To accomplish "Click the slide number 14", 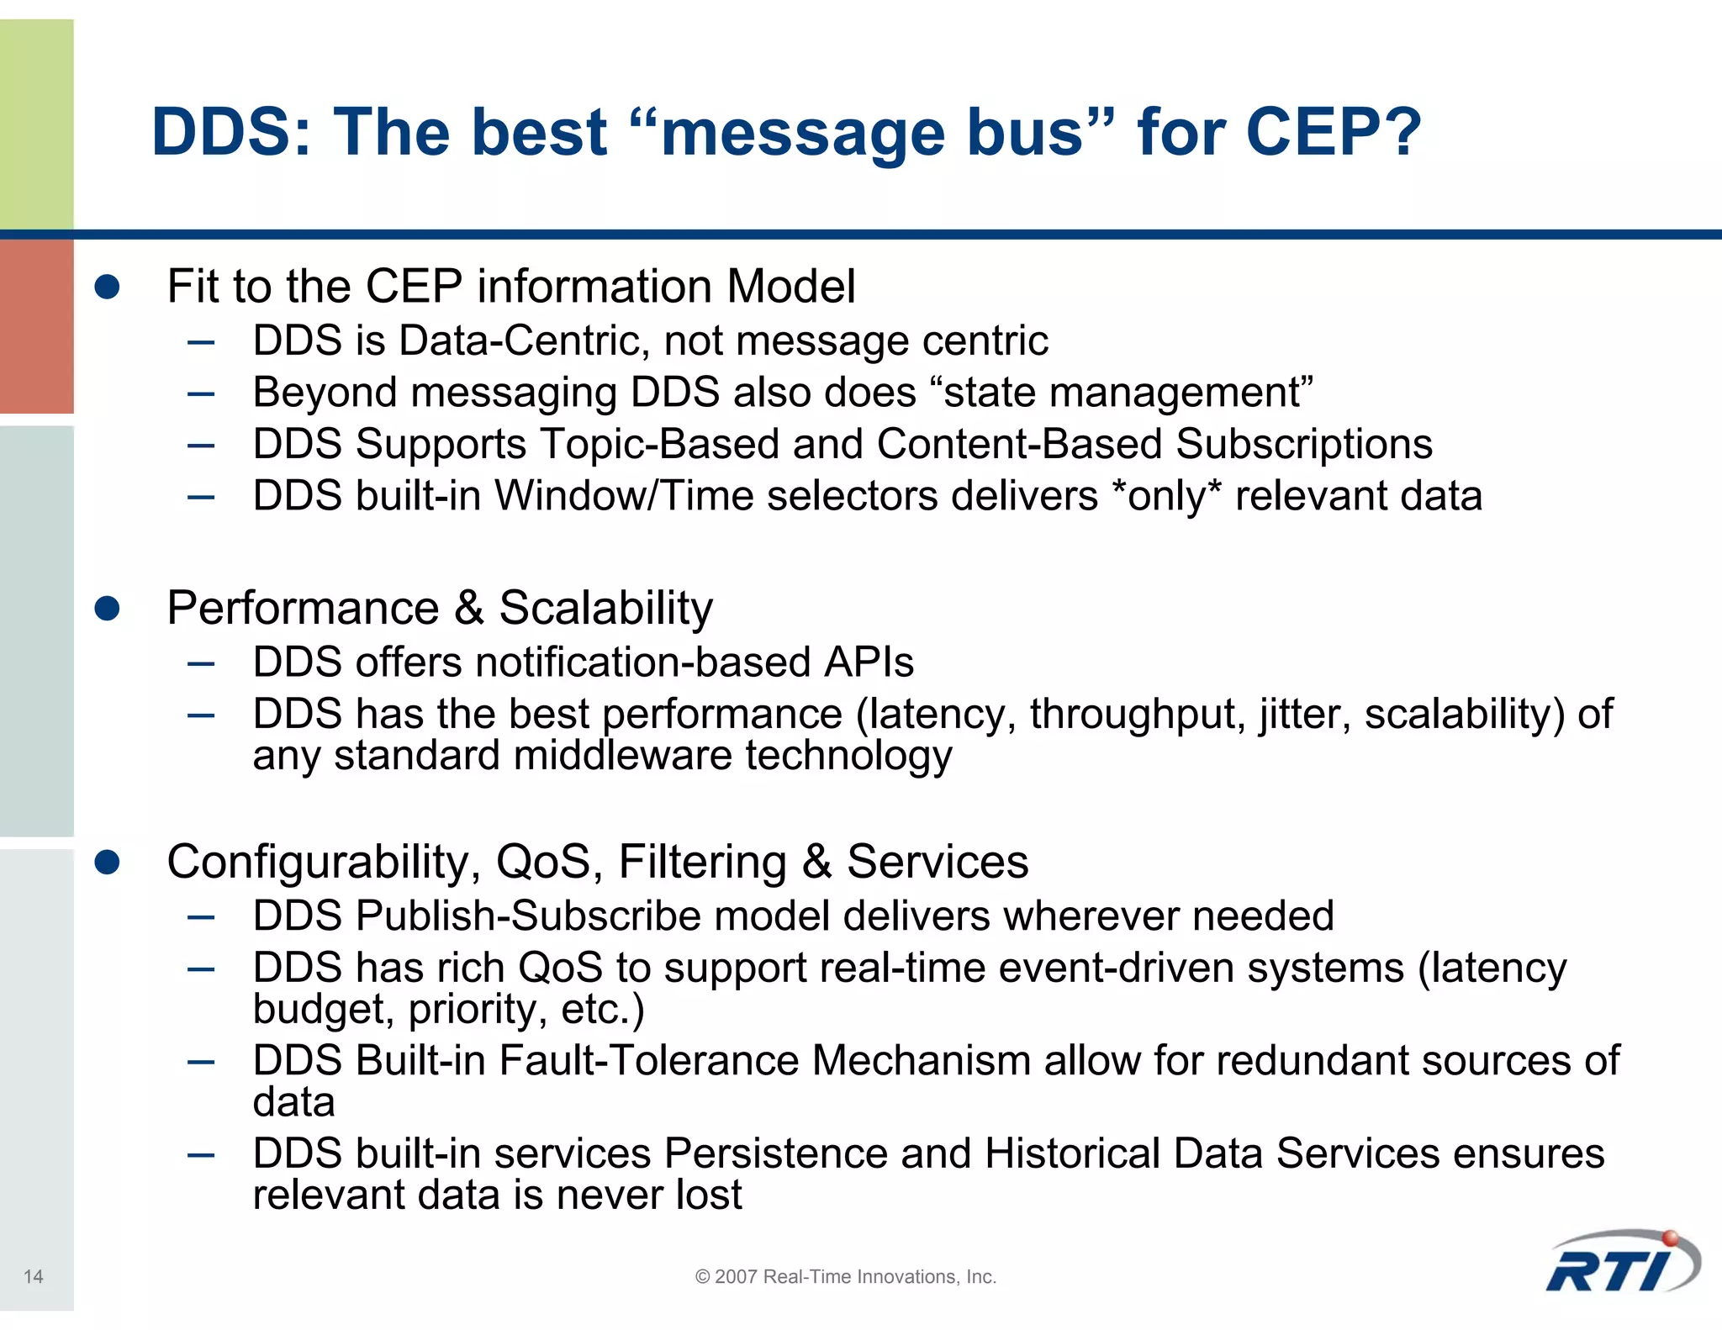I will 33,1276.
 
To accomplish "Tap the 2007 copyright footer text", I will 845,1276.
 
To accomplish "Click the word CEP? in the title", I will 1333,132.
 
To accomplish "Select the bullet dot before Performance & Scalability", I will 107,608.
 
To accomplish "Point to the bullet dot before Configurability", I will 107,862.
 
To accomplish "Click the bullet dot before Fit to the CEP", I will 107,287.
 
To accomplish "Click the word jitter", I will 1304,714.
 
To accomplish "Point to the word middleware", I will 621,755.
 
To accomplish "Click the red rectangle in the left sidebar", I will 36,326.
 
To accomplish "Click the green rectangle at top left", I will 36,124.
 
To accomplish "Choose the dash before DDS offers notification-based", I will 202,664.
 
